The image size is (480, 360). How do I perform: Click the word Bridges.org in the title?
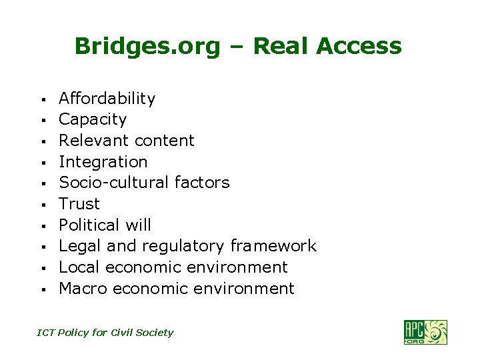click(x=147, y=47)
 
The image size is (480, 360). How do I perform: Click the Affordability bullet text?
click(x=107, y=99)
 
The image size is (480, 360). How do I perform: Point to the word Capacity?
click(x=93, y=120)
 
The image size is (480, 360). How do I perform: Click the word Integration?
click(x=103, y=162)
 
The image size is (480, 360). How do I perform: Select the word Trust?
click(x=79, y=204)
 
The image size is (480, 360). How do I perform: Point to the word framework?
click(x=273, y=246)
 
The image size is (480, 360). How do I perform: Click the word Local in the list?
click(x=79, y=267)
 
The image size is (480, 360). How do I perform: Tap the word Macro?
click(x=83, y=289)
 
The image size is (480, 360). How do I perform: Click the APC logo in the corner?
click(x=425, y=332)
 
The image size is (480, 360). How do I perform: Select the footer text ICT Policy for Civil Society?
click(x=105, y=333)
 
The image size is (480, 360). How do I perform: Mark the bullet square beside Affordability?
click(x=42, y=100)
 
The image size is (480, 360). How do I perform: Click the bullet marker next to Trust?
click(x=42, y=205)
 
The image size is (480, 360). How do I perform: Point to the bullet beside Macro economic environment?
click(x=42, y=290)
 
